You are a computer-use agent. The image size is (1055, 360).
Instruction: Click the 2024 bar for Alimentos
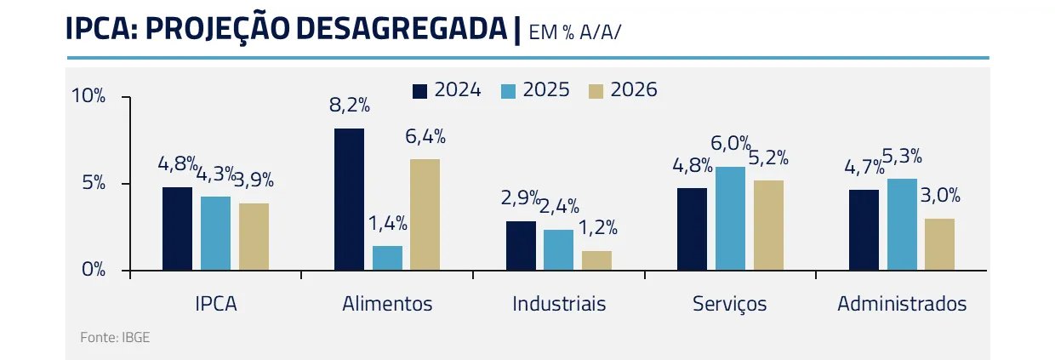click(349, 199)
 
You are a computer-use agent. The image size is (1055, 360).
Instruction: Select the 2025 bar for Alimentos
click(387, 258)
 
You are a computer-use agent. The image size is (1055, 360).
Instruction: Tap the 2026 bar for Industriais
click(596, 260)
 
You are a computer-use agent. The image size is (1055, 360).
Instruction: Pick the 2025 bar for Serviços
click(730, 219)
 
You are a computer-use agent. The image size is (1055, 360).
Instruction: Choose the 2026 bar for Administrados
click(939, 245)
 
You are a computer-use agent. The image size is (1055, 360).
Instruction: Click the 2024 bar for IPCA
click(177, 228)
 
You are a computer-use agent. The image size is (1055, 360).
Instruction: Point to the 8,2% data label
click(350, 106)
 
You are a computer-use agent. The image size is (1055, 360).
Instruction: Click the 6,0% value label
click(731, 144)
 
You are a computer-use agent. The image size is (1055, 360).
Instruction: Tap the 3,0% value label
click(941, 196)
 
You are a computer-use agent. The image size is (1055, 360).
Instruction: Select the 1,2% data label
click(597, 228)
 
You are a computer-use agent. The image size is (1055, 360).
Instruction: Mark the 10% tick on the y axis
click(88, 97)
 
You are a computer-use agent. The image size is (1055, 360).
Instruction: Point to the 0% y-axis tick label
click(94, 270)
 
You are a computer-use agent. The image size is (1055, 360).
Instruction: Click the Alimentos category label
click(387, 304)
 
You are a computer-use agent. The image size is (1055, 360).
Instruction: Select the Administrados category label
click(902, 304)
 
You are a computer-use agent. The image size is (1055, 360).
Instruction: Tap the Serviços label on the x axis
click(729, 304)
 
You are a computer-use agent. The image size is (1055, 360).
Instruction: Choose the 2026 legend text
click(634, 90)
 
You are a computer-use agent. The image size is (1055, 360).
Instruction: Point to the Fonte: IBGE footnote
click(115, 338)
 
